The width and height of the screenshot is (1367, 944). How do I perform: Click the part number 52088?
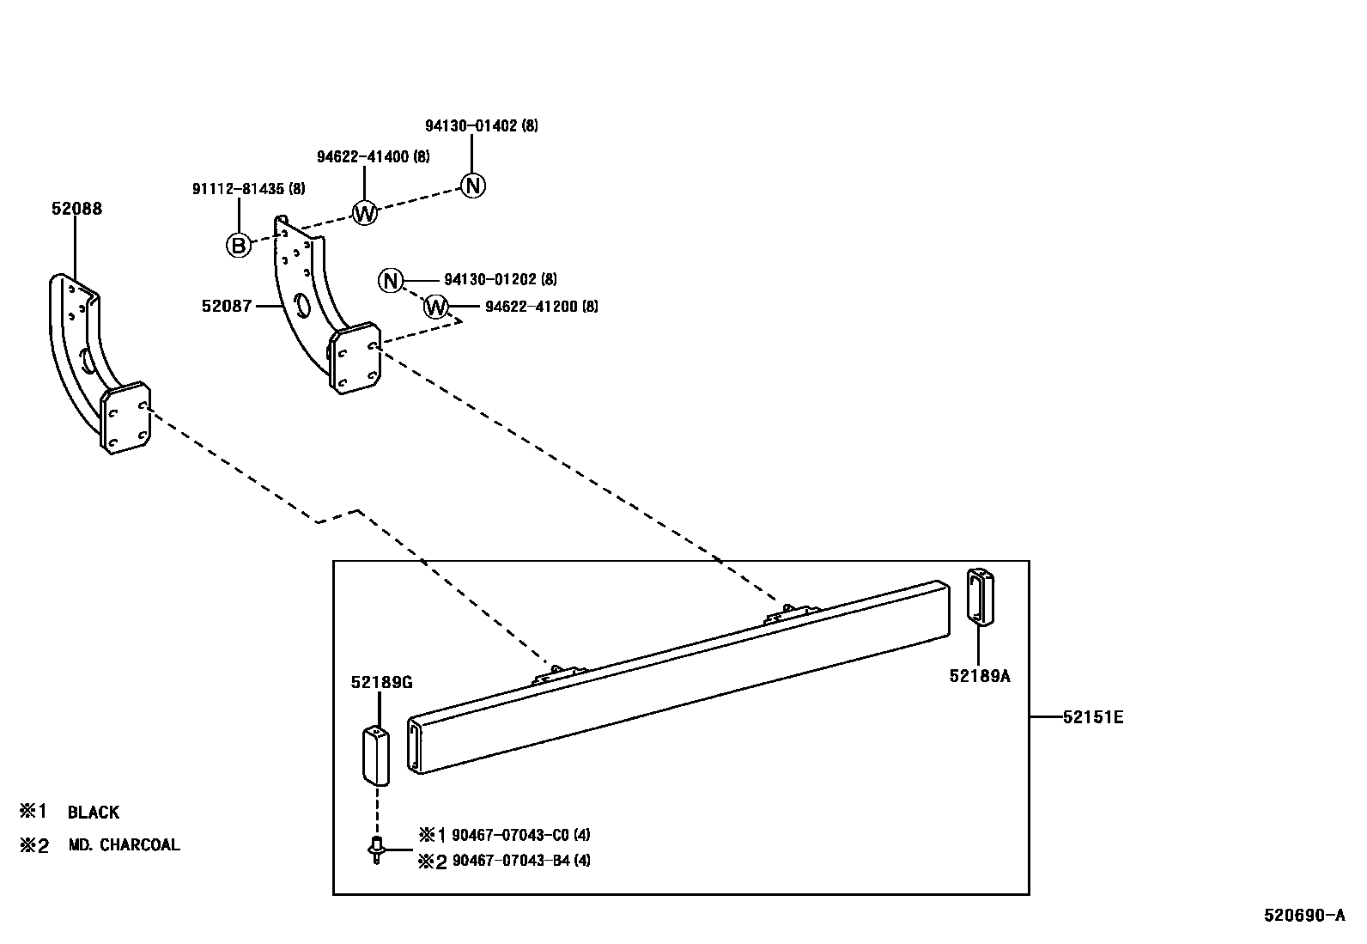(76, 209)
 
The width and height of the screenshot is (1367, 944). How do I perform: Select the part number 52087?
(227, 306)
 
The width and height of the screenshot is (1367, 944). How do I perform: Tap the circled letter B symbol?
(239, 246)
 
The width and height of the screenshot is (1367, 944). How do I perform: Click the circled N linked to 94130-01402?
(473, 186)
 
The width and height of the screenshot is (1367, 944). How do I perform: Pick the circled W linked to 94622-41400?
(365, 212)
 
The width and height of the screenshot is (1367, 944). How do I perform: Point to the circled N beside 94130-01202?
(391, 280)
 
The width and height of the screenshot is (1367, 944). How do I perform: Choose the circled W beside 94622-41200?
(437, 307)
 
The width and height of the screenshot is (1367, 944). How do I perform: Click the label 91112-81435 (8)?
(248, 188)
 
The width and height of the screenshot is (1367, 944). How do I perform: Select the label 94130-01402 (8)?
(481, 125)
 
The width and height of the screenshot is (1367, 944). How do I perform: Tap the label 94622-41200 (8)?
(541, 306)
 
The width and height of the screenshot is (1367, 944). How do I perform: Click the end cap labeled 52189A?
(980, 594)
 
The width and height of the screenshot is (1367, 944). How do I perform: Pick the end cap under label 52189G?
(374, 755)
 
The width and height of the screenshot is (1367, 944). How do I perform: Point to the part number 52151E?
(1092, 716)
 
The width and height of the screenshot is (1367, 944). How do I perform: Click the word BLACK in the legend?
(94, 812)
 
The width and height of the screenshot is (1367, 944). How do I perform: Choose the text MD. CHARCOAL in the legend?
(125, 845)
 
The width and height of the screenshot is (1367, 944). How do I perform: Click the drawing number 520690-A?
(1303, 915)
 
